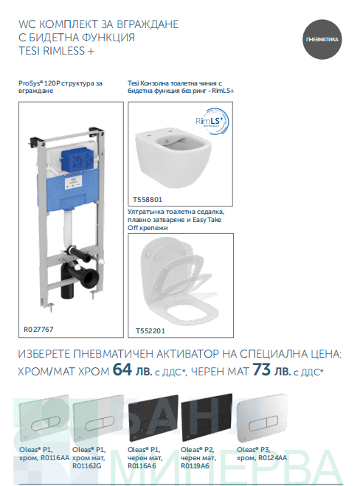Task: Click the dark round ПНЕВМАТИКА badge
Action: [322, 39]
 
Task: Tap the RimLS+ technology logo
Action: [212, 121]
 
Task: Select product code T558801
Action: [148, 200]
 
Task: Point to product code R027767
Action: [38, 329]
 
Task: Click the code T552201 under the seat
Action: [150, 330]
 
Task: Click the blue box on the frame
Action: [77, 161]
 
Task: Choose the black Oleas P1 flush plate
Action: [153, 418]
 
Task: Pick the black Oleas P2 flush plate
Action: [207, 417]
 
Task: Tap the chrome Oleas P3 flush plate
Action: [263, 417]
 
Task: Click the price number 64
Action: [122, 369]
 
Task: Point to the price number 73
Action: [262, 369]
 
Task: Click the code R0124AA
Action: [272, 458]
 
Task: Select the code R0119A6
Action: [195, 466]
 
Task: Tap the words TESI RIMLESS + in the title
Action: [56, 51]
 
